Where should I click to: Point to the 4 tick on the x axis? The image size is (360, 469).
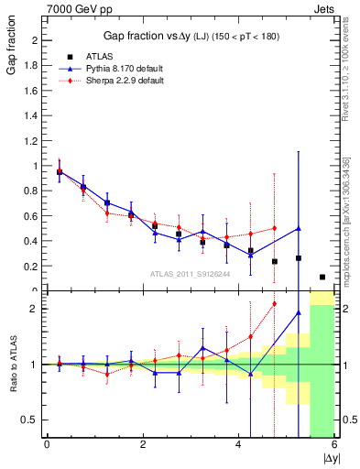(x=238, y=446)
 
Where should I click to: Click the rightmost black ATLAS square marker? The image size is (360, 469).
(x=322, y=277)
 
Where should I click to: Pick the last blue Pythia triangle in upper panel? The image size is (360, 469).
(x=299, y=228)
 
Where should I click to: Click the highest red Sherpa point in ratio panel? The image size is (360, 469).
(x=274, y=304)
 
